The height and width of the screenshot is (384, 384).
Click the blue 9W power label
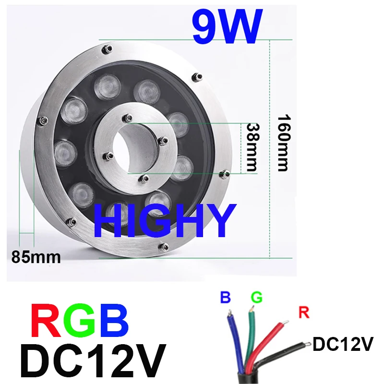click(x=228, y=26)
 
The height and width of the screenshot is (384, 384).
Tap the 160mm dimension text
click(x=284, y=143)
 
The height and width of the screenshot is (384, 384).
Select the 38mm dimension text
click(x=253, y=147)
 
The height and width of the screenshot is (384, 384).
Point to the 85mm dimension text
click(x=36, y=257)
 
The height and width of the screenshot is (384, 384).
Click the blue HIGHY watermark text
click(x=165, y=221)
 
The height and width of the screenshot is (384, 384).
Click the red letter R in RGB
click(x=46, y=321)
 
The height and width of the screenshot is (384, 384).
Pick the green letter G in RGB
click(x=79, y=321)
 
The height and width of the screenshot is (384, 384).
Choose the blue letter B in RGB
click(x=113, y=321)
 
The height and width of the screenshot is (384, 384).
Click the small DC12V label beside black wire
click(x=343, y=344)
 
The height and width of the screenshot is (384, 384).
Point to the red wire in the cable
click(x=266, y=347)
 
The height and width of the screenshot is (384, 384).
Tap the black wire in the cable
click(x=282, y=354)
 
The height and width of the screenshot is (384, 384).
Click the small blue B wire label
click(x=226, y=297)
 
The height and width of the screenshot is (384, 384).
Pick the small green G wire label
click(x=257, y=297)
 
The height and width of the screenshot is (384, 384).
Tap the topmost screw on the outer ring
click(x=107, y=49)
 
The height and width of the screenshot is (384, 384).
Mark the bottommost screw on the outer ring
click(x=164, y=246)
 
